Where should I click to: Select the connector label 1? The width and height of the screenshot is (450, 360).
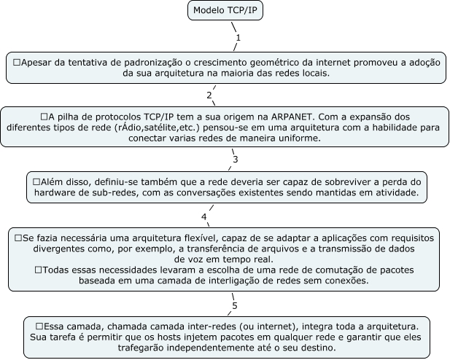point(238,36)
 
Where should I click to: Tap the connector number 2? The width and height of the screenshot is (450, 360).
point(209,95)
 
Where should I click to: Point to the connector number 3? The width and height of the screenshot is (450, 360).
point(235,159)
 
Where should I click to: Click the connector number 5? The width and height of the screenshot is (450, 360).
point(234,305)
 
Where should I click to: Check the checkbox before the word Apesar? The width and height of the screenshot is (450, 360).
point(17,63)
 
